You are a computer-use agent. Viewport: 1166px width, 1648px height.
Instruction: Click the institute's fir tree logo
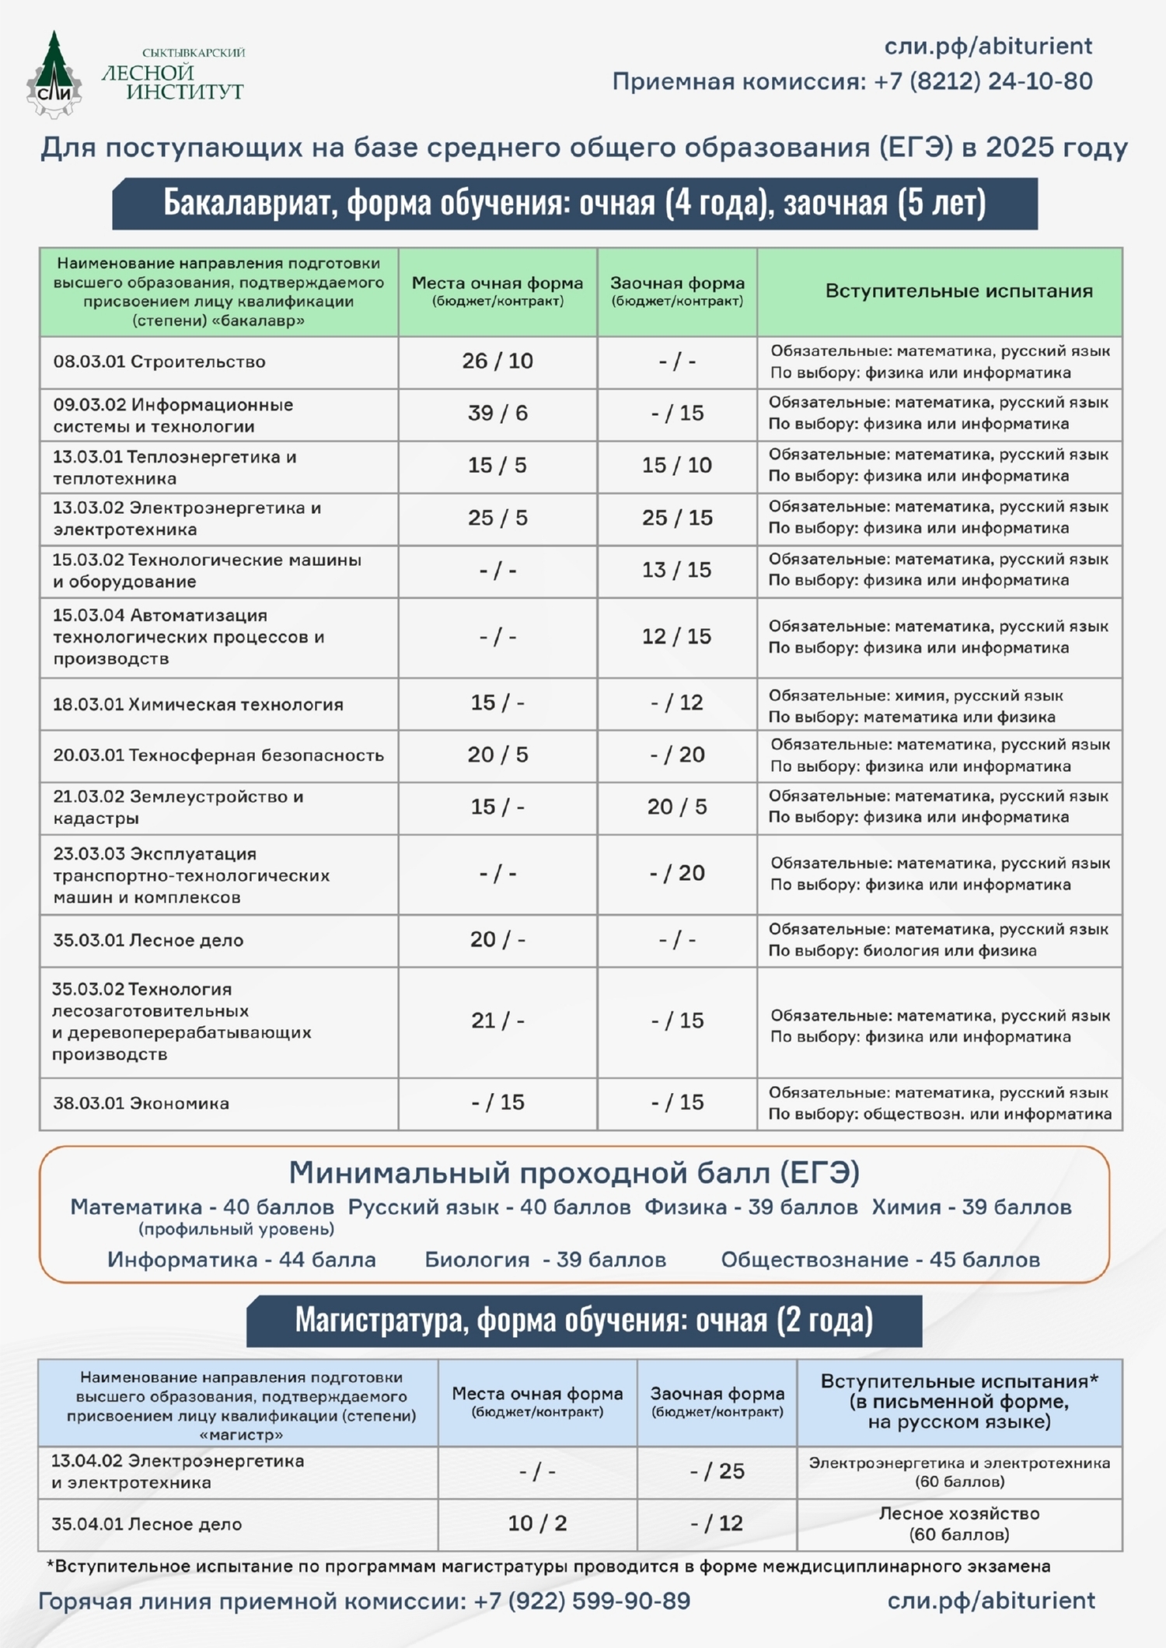tap(54, 75)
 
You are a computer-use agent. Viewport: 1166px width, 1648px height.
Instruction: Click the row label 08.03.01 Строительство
tap(159, 361)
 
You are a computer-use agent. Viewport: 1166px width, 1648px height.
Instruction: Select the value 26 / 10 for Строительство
tap(497, 361)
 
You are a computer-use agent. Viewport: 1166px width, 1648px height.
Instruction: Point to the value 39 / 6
tap(497, 414)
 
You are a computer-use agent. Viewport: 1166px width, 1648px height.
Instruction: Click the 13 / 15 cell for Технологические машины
tap(676, 570)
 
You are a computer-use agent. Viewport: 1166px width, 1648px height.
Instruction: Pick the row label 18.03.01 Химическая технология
tap(197, 704)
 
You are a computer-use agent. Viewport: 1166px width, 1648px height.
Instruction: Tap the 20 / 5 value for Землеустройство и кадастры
tap(676, 807)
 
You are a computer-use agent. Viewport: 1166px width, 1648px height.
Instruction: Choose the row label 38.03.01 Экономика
tap(141, 1103)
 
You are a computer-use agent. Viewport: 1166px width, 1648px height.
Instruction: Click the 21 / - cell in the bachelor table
tap(497, 1021)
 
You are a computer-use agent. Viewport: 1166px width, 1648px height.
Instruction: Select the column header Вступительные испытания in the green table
tap(958, 292)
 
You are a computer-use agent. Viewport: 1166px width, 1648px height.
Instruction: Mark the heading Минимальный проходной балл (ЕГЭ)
tap(574, 1172)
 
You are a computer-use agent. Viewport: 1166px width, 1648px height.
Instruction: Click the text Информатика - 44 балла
tap(241, 1259)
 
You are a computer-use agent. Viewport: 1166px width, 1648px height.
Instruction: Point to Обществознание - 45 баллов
tap(880, 1259)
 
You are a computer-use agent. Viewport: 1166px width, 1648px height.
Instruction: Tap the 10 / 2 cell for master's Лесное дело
tap(537, 1523)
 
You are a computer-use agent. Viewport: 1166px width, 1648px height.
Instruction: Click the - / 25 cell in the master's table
tap(717, 1471)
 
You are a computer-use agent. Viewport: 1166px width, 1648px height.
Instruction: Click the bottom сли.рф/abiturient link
tap(991, 1601)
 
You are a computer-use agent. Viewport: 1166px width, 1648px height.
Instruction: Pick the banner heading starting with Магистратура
tap(584, 1320)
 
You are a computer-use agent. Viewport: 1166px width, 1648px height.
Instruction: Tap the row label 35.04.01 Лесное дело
tap(147, 1524)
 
